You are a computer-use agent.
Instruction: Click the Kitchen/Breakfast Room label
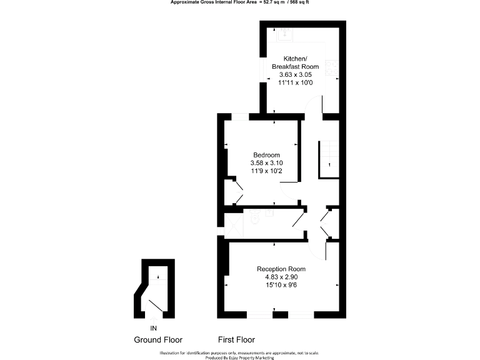(x=295, y=62)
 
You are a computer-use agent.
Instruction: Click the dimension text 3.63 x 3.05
(x=295, y=74)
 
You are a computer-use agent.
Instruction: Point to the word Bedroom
(x=266, y=155)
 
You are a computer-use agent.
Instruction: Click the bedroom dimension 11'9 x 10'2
(x=266, y=170)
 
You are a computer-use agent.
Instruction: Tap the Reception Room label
(x=281, y=269)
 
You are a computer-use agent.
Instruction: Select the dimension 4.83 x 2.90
(x=281, y=277)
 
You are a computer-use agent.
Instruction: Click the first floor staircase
(x=329, y=159)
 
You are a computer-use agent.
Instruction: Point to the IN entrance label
(x=154, y=327)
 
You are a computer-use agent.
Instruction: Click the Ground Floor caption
(x=158, y=340)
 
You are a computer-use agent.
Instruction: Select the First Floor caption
(x=236, y=340)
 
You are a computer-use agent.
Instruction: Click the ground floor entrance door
(x=156, y=306)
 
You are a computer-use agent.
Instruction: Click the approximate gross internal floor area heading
(x=240, y=2)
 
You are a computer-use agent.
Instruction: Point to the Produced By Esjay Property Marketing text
(x=240, y=357)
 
